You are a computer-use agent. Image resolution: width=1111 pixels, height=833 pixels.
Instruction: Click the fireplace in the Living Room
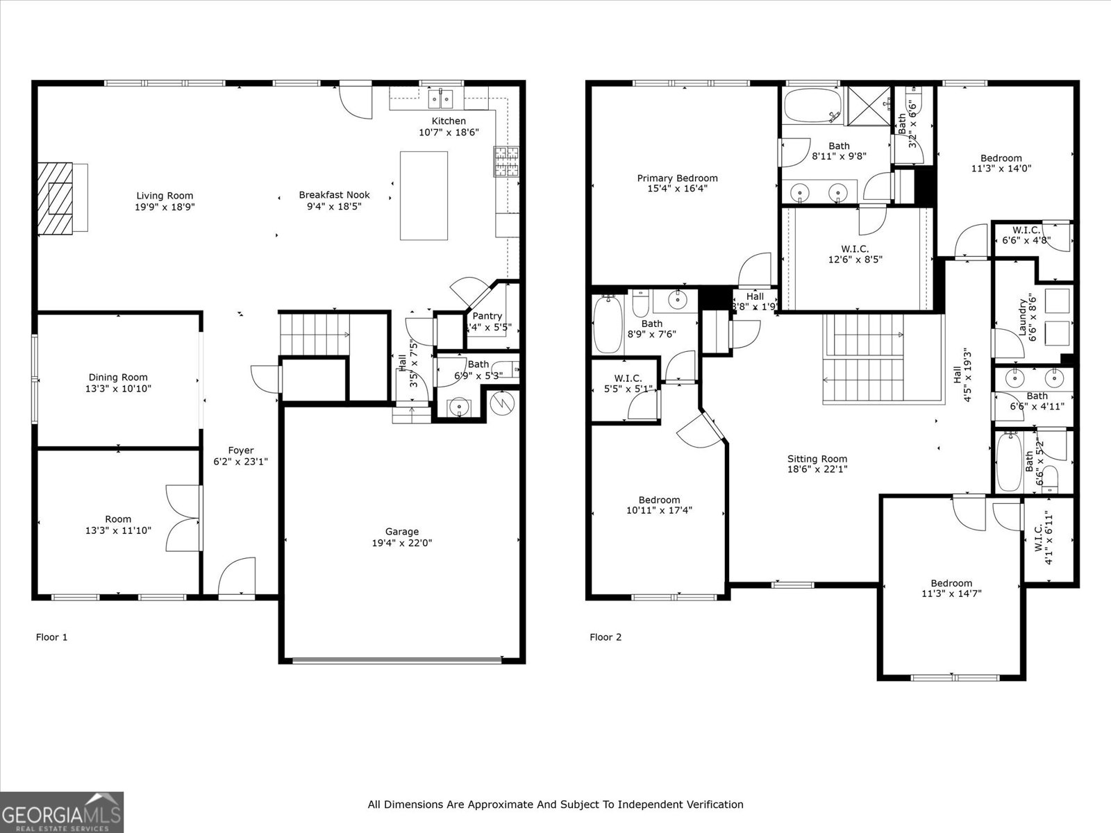click(x=56, y=198)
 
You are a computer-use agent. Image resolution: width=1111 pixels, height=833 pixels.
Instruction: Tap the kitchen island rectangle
click(x=424, y=195)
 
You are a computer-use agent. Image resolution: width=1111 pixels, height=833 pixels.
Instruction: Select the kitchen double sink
click(x=440, y=100)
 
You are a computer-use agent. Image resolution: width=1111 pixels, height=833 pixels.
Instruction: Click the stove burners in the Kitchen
click(x=506, y=161)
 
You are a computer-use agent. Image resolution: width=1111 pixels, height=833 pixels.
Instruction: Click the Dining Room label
click(x=117, y=378)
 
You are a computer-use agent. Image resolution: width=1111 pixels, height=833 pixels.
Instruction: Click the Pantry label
click(x=487, y=316)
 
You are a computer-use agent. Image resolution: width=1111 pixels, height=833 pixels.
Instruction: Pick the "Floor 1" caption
click(x=51, y=637)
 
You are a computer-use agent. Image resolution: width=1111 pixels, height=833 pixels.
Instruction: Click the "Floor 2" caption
click(x=605, y=637)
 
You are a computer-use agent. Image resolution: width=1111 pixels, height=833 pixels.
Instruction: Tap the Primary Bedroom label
click(x=677, y=178)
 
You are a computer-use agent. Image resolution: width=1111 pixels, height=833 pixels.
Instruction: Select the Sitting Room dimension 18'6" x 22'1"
click(x=817, y=469)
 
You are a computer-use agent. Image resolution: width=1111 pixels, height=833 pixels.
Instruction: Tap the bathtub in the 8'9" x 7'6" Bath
click(x=609, y=324)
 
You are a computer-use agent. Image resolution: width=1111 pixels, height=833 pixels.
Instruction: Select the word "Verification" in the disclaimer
click(x=715, y=805)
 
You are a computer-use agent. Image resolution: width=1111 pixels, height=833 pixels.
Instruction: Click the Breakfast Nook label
click(x=334, y=195)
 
